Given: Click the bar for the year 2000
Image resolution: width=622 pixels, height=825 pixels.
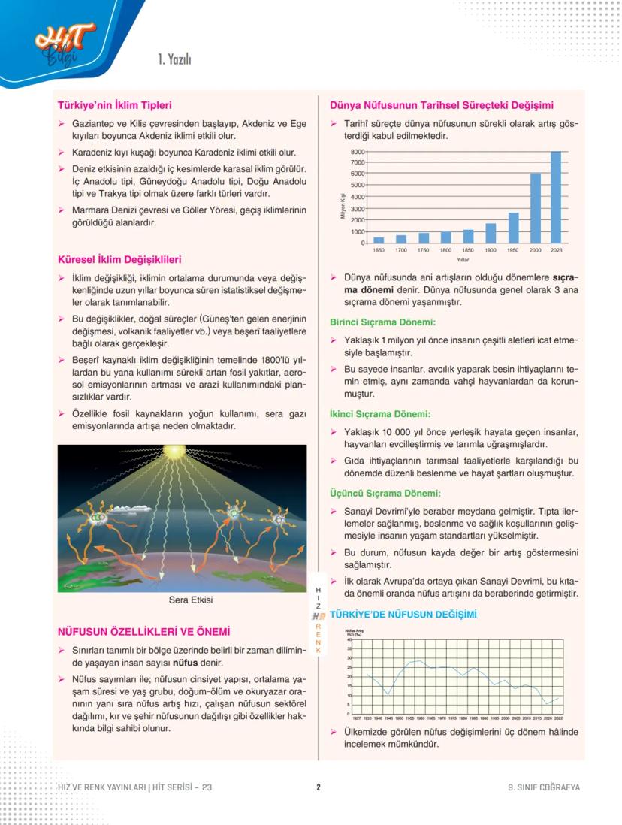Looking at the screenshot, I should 535,208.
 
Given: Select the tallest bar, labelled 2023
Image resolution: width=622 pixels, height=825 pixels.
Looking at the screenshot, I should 556,197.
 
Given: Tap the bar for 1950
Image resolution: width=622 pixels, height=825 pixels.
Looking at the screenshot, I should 513,228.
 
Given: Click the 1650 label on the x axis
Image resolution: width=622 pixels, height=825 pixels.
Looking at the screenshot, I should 379,249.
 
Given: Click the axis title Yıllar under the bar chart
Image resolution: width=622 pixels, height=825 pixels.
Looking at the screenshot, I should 463,259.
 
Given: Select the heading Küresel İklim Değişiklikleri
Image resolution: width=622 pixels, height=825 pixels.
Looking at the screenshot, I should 119,260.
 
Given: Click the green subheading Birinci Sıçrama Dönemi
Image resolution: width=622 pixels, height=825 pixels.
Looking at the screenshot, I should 382,322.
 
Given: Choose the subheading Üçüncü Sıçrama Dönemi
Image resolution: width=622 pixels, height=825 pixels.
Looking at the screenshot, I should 384,494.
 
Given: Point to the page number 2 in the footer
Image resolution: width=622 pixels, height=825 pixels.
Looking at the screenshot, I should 319,787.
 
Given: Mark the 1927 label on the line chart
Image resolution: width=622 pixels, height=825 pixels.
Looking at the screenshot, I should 357,718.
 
